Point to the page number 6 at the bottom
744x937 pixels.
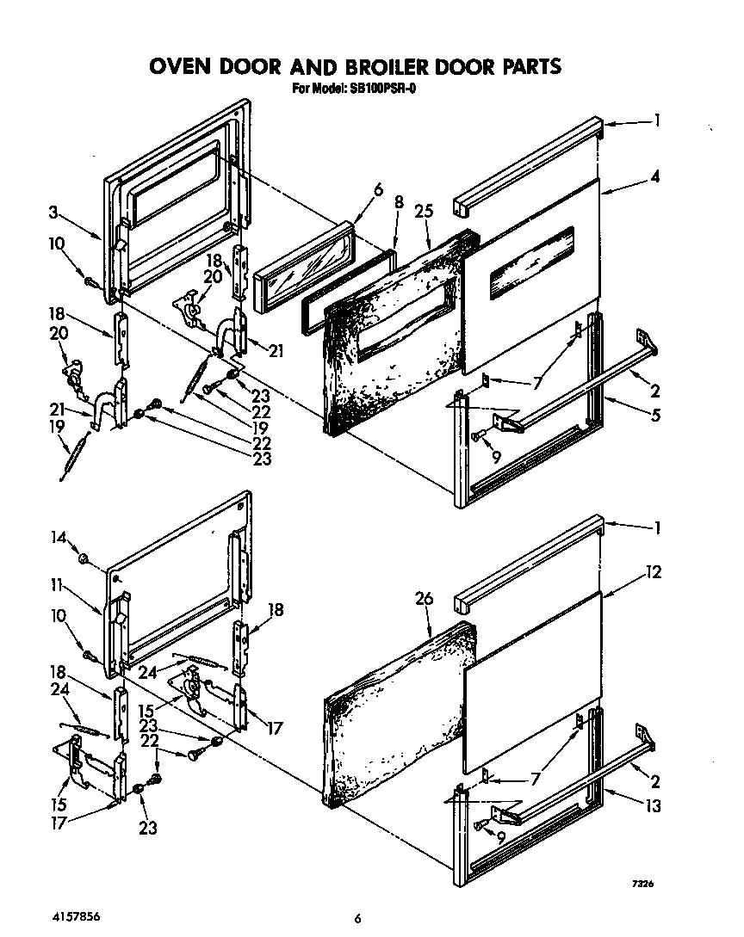356,918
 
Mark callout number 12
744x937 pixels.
654,571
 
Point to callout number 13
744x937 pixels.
655,806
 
